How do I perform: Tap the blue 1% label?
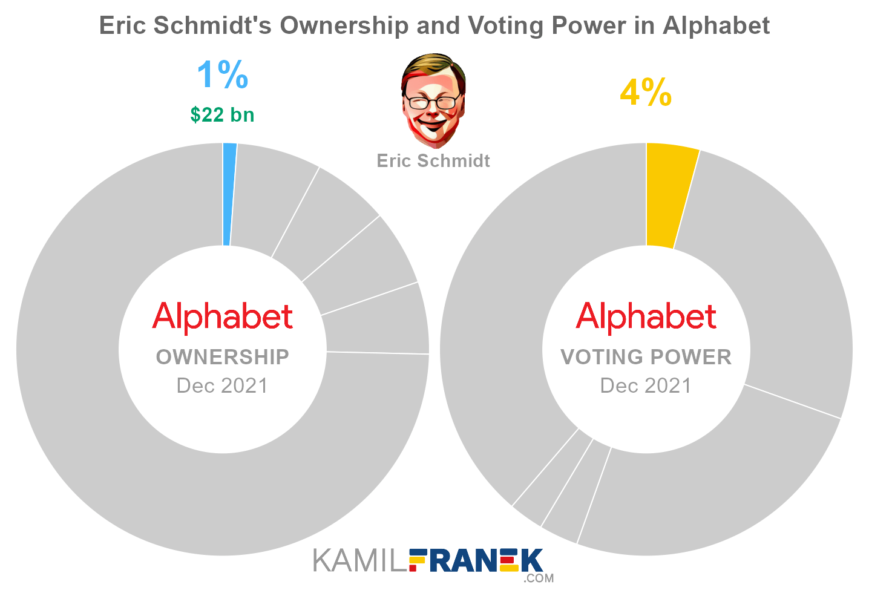pos(222,75)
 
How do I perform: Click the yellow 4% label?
pos(646,93)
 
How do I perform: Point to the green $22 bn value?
pos(222,114)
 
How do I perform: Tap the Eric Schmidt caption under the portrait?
pos(433,160)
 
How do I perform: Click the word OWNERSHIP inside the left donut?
pos(223,357)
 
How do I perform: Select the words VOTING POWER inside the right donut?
pos(646,357)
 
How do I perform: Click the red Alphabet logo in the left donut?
pos(223,316)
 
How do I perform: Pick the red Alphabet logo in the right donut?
pos(646,316)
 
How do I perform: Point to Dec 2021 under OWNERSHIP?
pos(222,385)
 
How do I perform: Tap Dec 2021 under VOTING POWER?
pos(646,385)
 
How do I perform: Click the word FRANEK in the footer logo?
pos(476,560)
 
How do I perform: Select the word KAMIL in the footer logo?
pos(360,561)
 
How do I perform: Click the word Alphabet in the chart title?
pos(716,26)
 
